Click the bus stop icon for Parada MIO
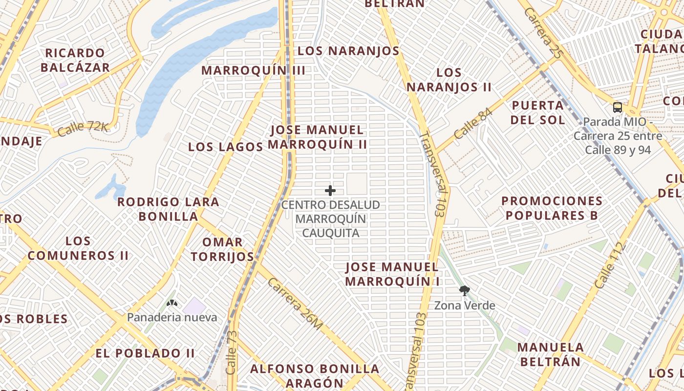coord(618,108)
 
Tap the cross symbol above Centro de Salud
coord(330,190)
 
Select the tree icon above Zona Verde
coord(465,291)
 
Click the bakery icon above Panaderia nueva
coord(171,304)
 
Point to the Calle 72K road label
coord(83,129)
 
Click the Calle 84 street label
coord(472,123)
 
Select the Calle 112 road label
coord(611,264)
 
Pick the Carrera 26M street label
coord(295,304)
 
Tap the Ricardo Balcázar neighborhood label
coord(75,60)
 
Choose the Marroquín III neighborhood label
coord(254,70)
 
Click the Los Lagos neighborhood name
coord(226,147)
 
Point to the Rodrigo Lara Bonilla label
coord(169,209)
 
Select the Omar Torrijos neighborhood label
coord(222,249)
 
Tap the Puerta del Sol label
coord(538,112)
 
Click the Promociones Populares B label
coord(552,208)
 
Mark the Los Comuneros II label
coord(78,248)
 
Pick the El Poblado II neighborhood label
coord(145,353)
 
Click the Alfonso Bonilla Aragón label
coord(315,375)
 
